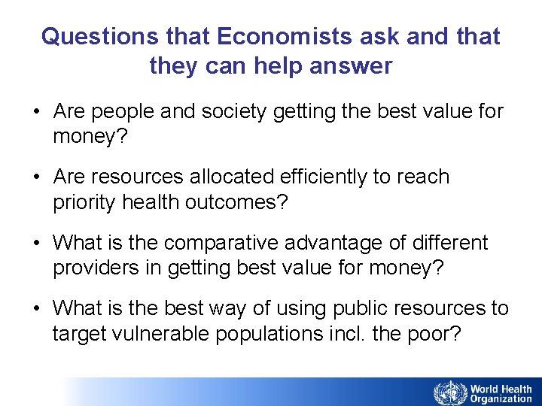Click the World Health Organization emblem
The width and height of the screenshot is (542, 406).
[449, 392]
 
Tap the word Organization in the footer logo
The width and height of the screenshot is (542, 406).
[501, 398]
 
